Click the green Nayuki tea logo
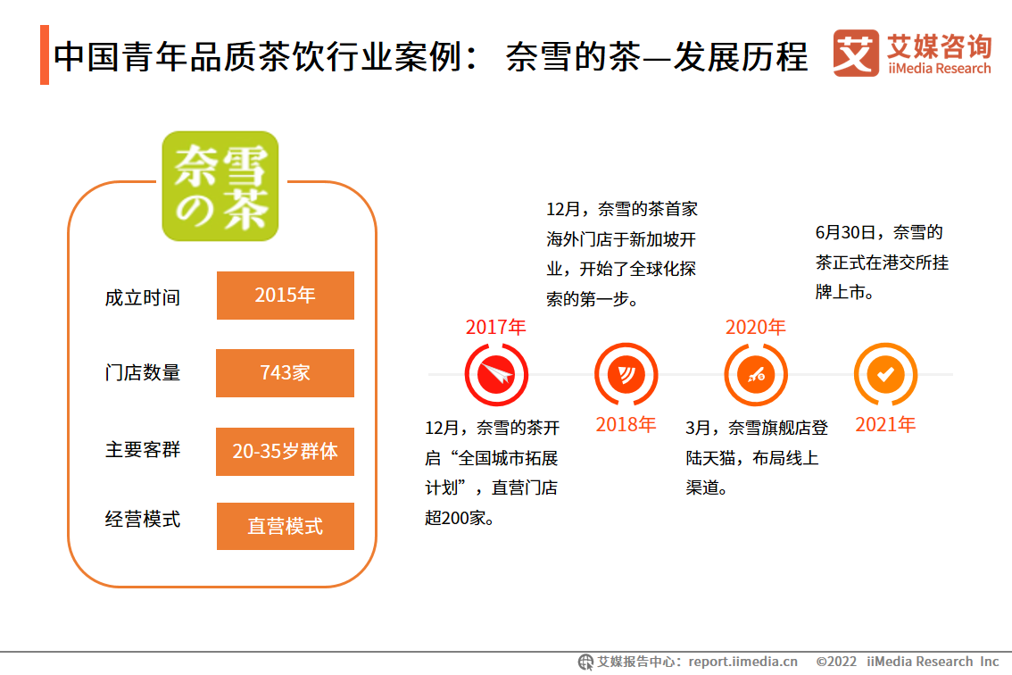click(x=220, y=186)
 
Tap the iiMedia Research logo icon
click(x=855, y=53)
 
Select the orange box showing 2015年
click(x=286, y=296)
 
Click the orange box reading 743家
click(x=286, y=372)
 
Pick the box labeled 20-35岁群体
click(x=286, y=452)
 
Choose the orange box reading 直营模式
click(x=286, y=527)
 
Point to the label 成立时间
click(x=143, y=298)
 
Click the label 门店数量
click(x=143, y=372)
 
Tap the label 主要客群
click(x=143, y=450)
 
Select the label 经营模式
click(x=143, y=520)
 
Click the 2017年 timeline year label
click(x=495, y=328)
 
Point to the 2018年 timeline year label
click(x=626, y=424)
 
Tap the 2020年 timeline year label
click(x=755, y=328)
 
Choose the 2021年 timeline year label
click(x=885, y=424)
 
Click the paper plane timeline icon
click(x=496, y=375)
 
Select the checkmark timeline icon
click(x=885, y=375)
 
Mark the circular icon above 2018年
click(x=626, y=375)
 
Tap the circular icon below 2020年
click(x=756, y=375)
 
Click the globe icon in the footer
click(x=585, y=662)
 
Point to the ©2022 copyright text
click(x=836, y=662)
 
